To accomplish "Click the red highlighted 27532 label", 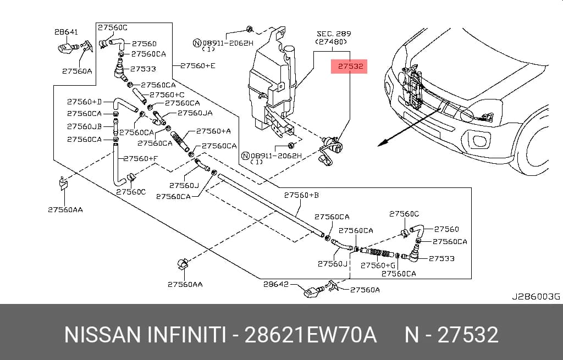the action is [x=349, y=66].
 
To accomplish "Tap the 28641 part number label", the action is [x=66, y=32].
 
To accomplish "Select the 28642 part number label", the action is [x=276, y=284].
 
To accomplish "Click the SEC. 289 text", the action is [x=334, y=34].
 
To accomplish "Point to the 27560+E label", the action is [x=198, y=66].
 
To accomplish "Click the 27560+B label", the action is [x=301, y=195].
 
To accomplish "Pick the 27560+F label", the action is [x=140, y=158].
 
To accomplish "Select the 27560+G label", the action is [x=378, y=265].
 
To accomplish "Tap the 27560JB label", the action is [x=84, y=126].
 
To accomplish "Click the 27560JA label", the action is [x=195, y=113].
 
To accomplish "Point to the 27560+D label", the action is [x=84, y=102].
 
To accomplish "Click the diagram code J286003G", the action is [x=536, y=296].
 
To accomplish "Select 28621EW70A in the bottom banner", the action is [x=310, y=335].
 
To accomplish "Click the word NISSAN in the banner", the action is [x=103, y=335].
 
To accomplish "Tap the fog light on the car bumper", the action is [x=479, y=140].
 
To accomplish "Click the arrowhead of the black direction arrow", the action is [x=383, y=143].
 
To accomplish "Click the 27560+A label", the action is [x=214, y=131].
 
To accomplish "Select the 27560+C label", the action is [x=167, y=95].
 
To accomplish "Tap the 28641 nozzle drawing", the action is [x=68, y=47].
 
